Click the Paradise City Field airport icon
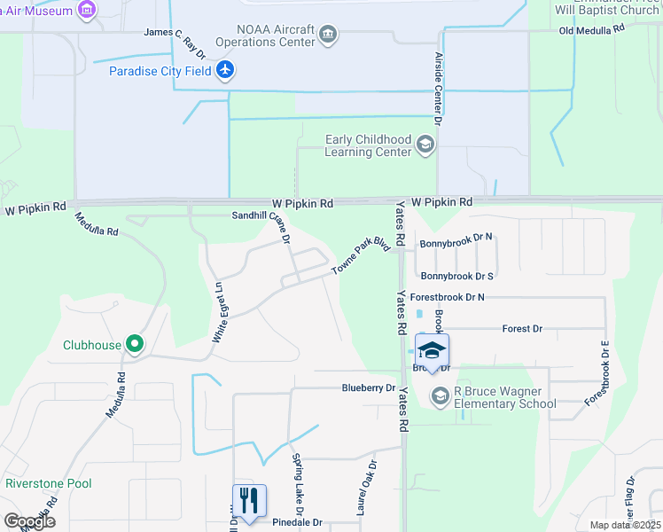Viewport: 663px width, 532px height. (225, 70)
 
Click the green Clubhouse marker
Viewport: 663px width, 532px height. (134, 344)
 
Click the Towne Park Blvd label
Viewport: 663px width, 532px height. (362, 255)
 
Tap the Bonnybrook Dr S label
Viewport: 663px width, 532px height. (456, 277)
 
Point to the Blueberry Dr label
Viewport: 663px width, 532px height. (369, 388)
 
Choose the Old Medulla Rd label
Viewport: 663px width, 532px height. (592, 30)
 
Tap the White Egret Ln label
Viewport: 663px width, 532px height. (217, 311)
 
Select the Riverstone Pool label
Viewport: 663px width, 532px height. (49, 483)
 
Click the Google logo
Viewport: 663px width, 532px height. (29, 521)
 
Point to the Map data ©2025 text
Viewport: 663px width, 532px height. (624, 525)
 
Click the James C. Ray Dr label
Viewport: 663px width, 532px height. (176, 33)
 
